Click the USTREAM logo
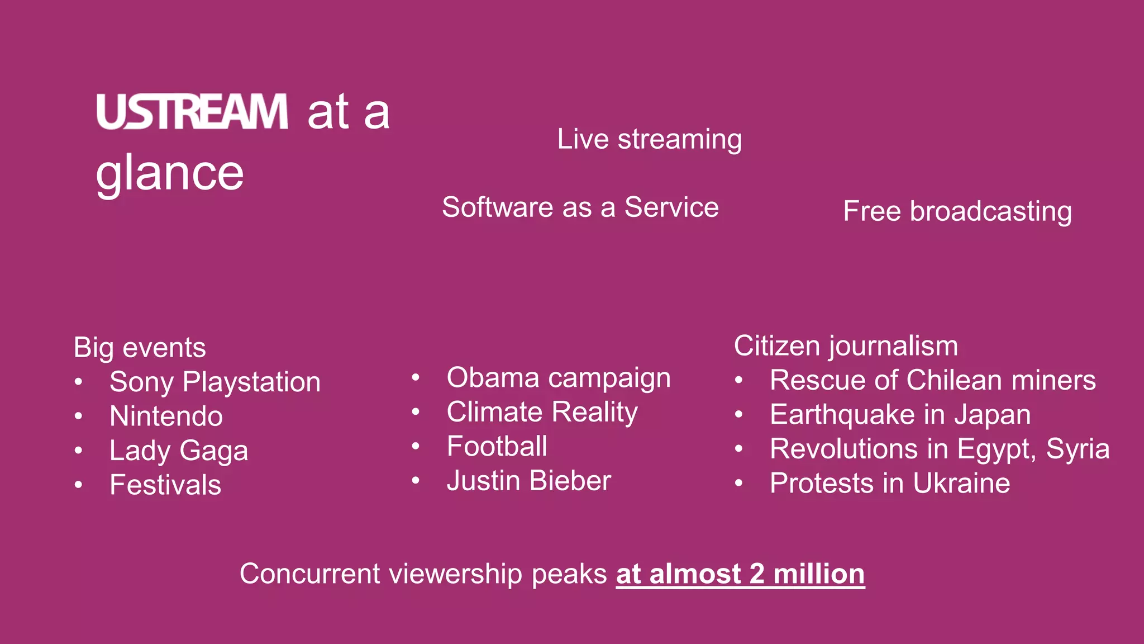[x=192, y=112]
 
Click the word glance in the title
[x=170, y=173]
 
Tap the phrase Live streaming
[x=649, y=139]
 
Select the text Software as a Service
[x=580, y=207]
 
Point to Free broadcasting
[x=957, y=211]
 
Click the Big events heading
[x=140, y=348]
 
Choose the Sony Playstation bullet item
[x=215, y=382]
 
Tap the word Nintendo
[x=166, y=416]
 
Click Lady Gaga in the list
[x=179, y=451]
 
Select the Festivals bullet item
[x=165, y=485]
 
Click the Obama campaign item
[x=558, y=378]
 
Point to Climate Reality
[x=542, y=413]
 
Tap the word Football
[x=497, y=447]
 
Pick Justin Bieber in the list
[x=528, y=481]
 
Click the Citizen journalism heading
[x=845, y=346]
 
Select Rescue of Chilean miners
[x=932, y=381]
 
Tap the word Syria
[x=1078, y=449]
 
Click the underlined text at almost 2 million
[x=740, y=574]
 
